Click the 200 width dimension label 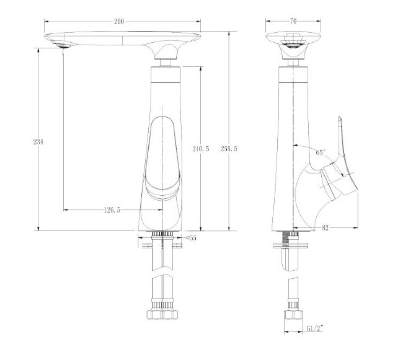click(x=119, y=22)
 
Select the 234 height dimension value click(x=38, y=141)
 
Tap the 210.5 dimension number click(x=201, y=149)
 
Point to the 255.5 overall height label click(x=229, y=149)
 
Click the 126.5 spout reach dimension click(x=112, y=210)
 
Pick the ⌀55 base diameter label click(x=191, y=238)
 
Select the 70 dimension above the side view click(x=293, y=21)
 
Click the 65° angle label click(x=321, y=152)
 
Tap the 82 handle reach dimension click(x=325, y=228)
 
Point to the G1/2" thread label click(x=314, y=328)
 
